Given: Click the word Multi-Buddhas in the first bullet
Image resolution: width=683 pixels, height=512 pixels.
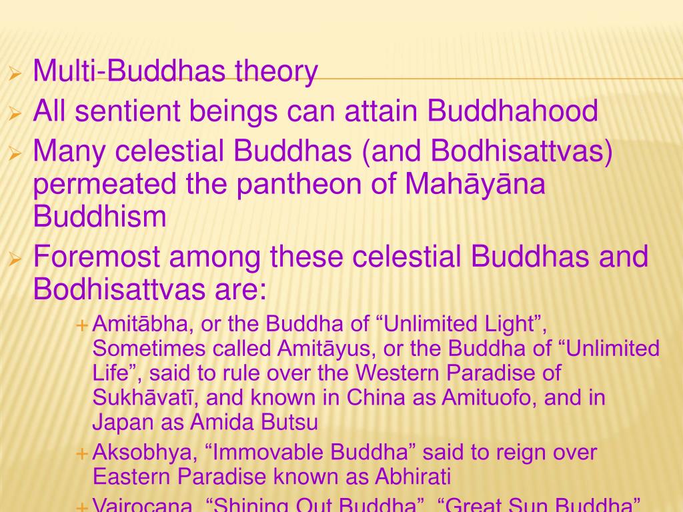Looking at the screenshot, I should coord(130,71).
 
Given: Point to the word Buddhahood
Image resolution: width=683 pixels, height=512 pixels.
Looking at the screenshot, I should coord(513,111).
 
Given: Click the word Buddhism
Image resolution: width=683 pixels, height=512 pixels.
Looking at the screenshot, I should coord(99,217).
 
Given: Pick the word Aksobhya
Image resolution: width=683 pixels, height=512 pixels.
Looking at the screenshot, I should coord(142,453).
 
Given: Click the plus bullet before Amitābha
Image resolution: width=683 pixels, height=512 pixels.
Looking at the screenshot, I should coord(82,325).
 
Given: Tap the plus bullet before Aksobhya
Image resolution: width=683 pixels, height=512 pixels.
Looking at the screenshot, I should coord(82,454).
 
